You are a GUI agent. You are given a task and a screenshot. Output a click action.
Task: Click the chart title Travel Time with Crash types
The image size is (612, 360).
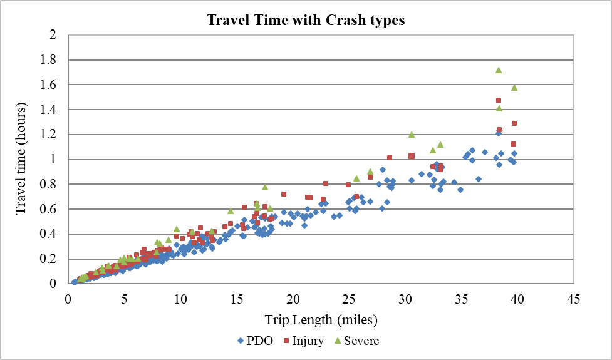(306, 20)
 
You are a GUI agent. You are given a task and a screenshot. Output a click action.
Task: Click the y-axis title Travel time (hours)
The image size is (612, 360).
(20, 159)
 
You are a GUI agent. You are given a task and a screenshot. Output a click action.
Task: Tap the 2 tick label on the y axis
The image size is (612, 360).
(53, 35)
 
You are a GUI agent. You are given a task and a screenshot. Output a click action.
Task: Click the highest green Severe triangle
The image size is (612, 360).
(499, 70)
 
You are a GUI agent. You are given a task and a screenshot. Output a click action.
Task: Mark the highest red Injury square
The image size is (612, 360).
(499, 100)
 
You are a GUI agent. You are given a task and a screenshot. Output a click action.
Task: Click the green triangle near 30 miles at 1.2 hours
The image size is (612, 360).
(412, 135)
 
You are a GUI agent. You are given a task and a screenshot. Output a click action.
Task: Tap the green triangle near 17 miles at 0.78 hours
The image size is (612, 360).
(265, 187)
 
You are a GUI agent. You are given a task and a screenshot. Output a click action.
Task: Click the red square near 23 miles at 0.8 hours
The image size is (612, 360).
(326, 183)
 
